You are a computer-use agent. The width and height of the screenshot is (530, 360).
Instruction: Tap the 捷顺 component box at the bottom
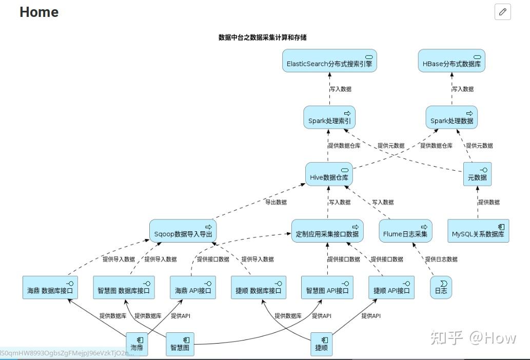click(x=322, y=344)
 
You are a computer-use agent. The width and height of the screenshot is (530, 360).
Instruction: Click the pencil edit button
click(x=503, y=12)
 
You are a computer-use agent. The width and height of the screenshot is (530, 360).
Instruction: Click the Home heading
click(x=39, y=12)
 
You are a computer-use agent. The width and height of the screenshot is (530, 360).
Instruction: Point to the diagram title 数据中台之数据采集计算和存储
click(x=262, y=37)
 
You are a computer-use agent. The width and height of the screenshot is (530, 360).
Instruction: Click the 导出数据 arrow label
click(x=276, y=202)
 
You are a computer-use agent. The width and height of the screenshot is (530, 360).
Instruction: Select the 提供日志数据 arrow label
click(x=441, y=259)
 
